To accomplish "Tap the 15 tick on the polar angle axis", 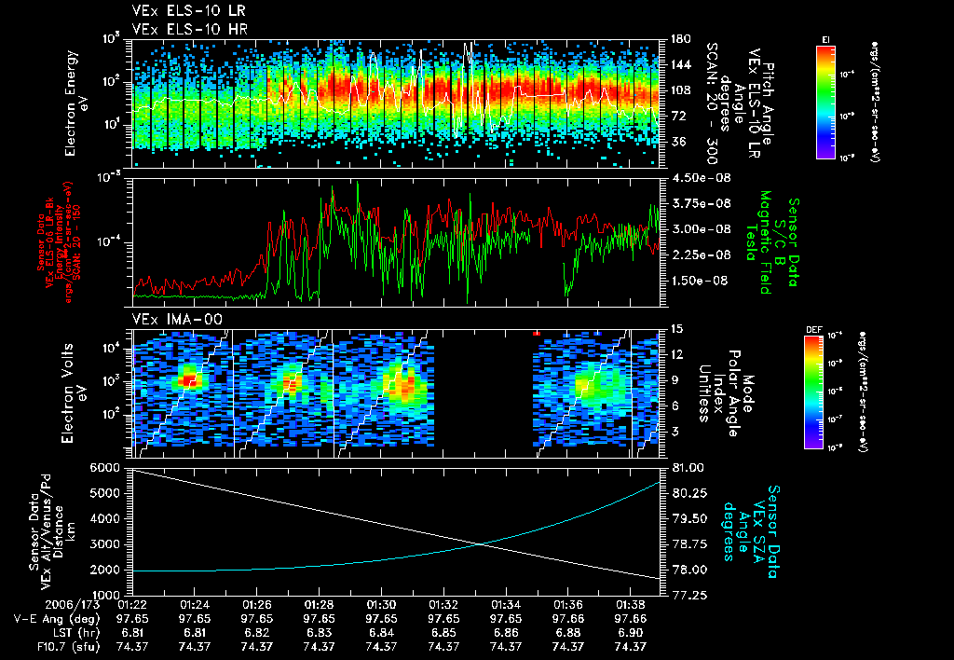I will click(x=675, y=329).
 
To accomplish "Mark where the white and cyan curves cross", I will click(x=480, y=545).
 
